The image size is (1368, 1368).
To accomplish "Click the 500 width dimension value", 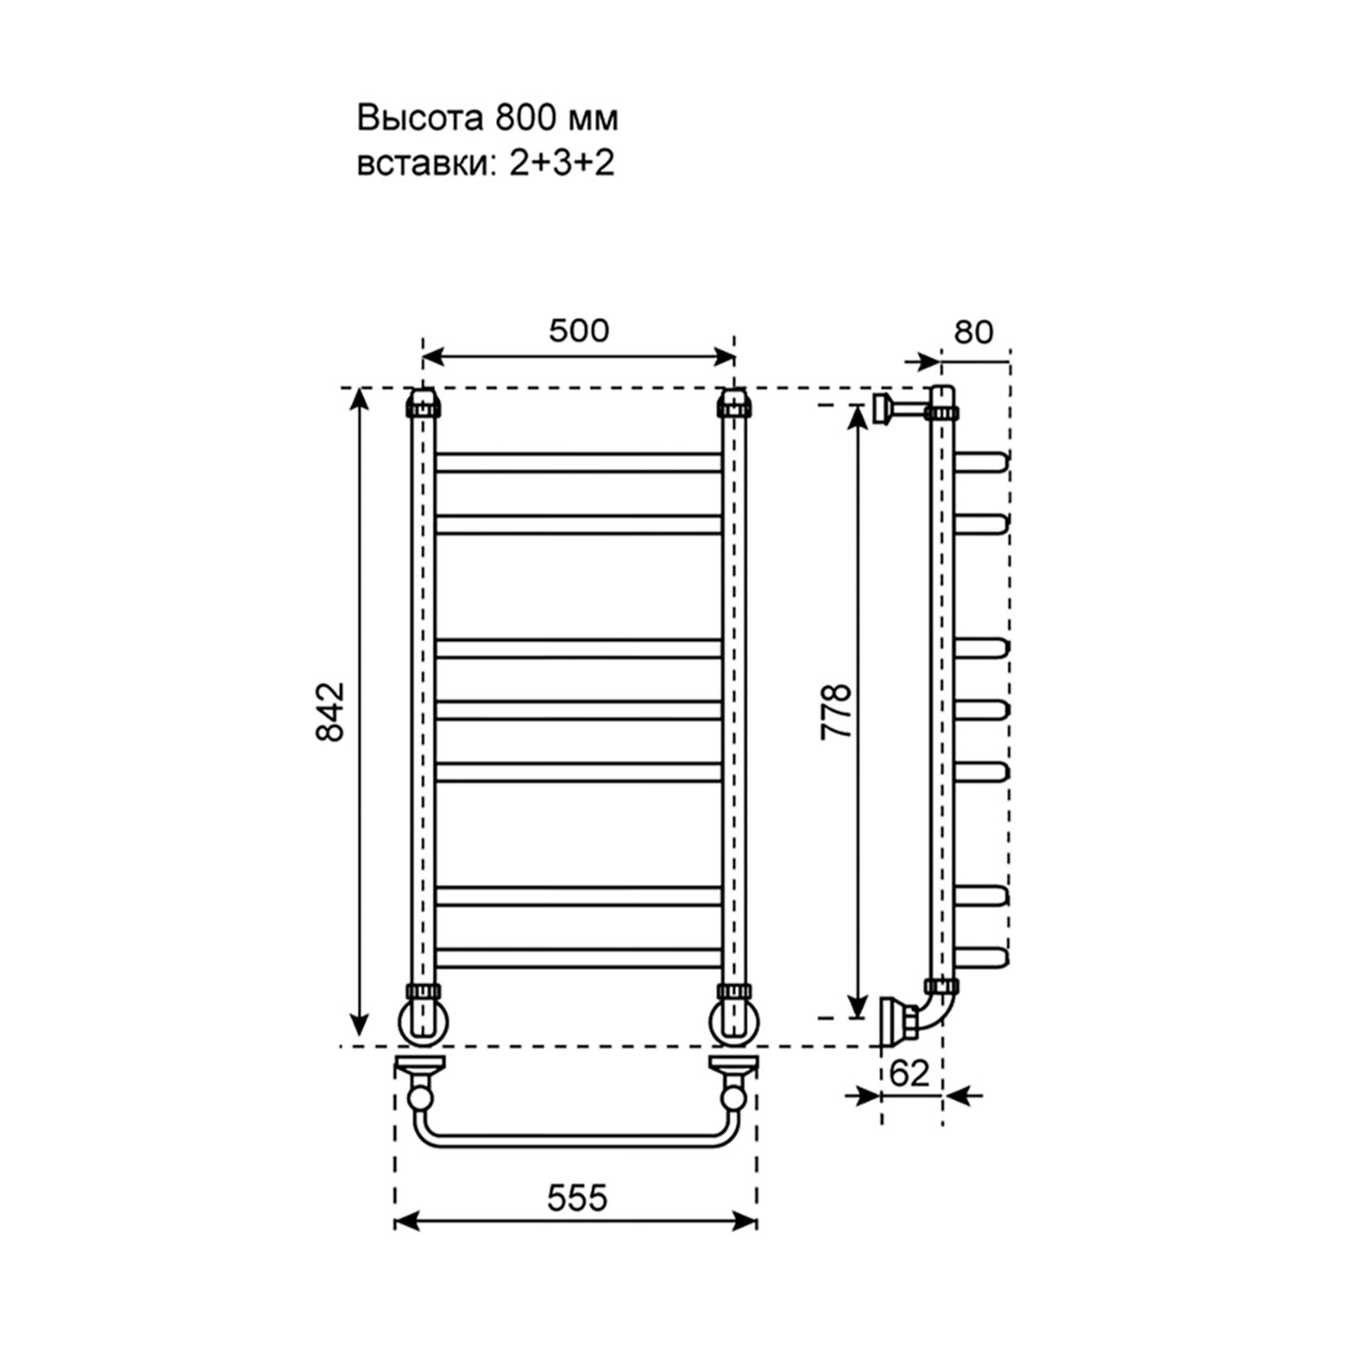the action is pos(578,330).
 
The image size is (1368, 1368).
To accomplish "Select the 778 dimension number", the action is pos(835,710).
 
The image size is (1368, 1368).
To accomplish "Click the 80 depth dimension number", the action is pos(973,333).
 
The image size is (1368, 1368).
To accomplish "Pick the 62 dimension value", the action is pos(908,1073).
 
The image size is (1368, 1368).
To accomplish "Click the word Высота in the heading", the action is pos(421,119).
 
